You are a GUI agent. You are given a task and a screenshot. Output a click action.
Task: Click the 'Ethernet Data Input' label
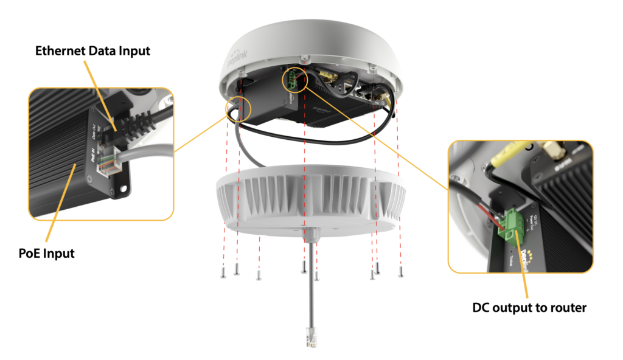91,51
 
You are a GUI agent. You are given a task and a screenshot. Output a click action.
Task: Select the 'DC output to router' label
529,308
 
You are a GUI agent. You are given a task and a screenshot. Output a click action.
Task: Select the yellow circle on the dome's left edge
237,108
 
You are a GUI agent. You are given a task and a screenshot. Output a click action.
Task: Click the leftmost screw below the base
223,272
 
